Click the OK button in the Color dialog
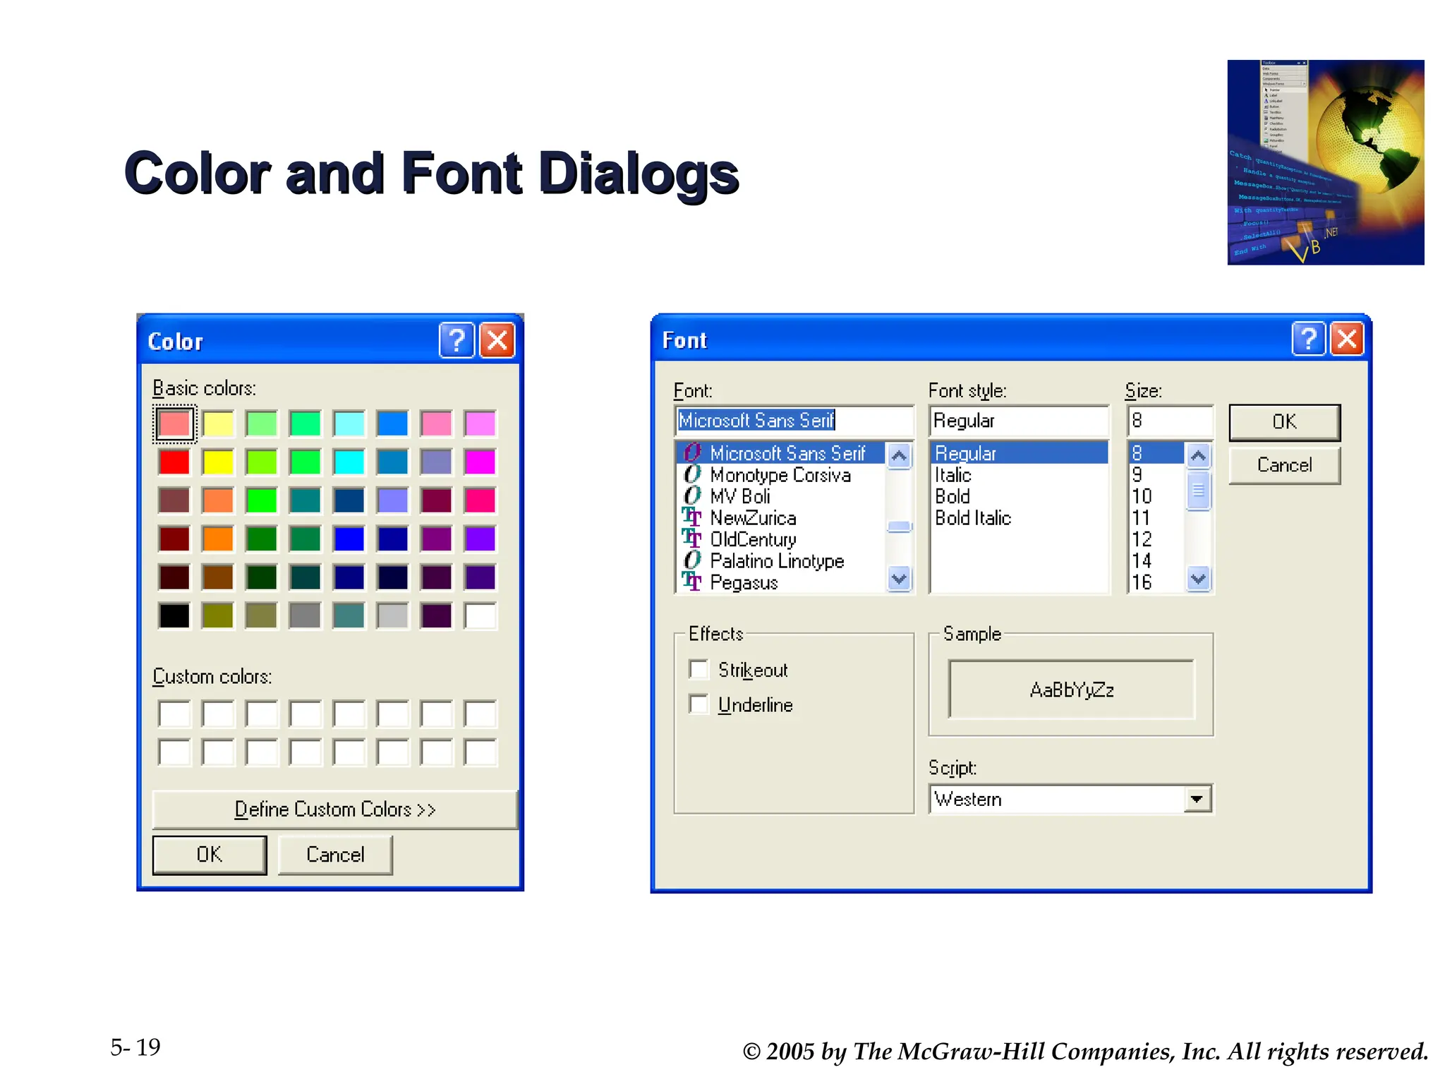[209, 855]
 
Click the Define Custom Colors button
[334, 809]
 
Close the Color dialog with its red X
[497, 341]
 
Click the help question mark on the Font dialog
[1308, 339]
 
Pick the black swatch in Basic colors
[174, 615]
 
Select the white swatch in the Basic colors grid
[480, 615]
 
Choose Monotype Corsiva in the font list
[780, 475]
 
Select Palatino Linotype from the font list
[777, 561]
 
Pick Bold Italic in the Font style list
[973, 518]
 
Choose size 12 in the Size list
[1142, 539]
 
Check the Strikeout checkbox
[699, 669]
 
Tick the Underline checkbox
[699, 704]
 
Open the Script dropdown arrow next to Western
[1197, 799]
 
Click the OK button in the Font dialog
[1284, 422]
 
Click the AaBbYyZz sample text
[1072, 689]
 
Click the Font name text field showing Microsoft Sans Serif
[794, 421]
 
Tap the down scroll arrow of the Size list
[1198, 579]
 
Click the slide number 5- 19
[135, 1047]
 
